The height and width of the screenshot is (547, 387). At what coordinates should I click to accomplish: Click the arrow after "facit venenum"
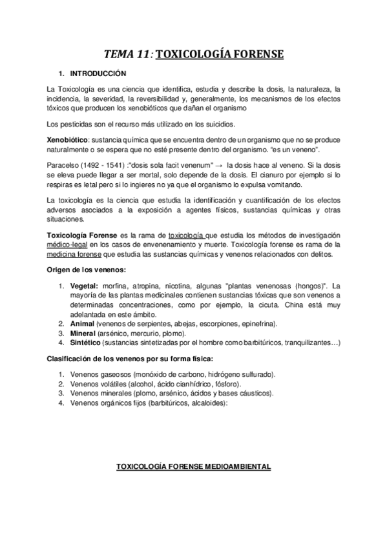coord(220,164)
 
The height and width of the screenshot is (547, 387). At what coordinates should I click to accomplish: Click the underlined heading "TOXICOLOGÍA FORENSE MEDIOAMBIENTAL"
coord(193,466)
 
